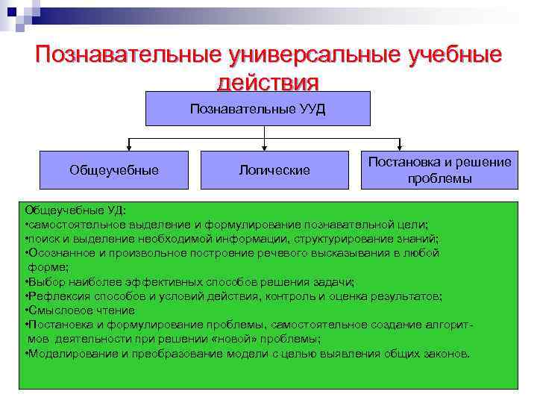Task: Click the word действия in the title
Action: pos(268,81)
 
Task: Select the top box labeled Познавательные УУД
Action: pos(258,109)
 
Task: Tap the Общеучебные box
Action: pos(114,170)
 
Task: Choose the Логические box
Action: pos(274,170)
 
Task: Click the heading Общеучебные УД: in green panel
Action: pos(75,210)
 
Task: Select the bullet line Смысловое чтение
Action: pos(81,310)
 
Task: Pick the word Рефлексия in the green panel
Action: pos(56,296)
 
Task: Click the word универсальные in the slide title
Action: pos(307,56)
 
